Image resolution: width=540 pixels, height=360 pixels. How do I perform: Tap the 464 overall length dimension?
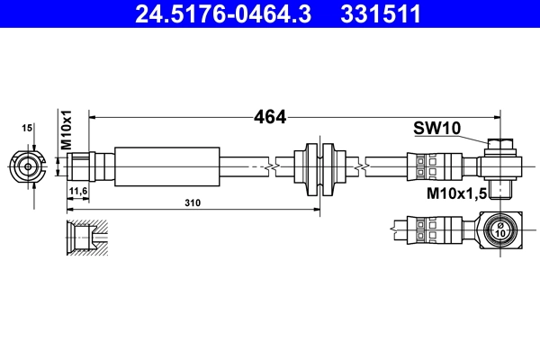pyautogui.click(x=269, y=116)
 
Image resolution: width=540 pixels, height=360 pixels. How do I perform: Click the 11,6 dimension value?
pyautogui.click(x=77, y=192)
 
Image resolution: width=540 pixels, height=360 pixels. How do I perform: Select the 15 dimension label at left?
pyautogui.click(x=28, y=130)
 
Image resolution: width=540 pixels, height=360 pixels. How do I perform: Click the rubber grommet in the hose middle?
pyautogui.click(x=319, y=166)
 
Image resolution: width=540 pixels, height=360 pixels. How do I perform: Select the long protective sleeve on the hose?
pyautogui.click(x=167, y=166)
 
